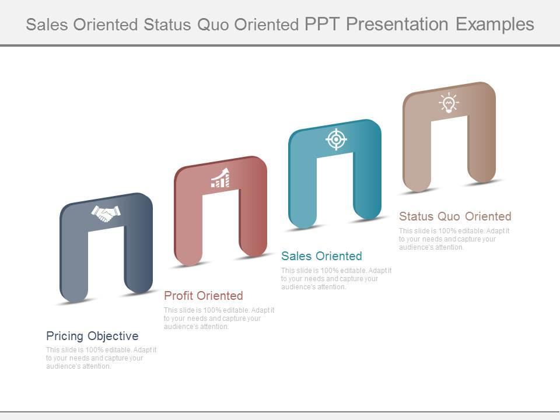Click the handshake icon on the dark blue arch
[106, 213]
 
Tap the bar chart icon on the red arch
[220, 178]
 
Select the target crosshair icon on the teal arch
[336, 139]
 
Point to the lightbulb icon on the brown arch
[449, 103]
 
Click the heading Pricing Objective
[92, 336]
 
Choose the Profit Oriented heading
[203, 296]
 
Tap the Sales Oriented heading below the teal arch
[321, 256]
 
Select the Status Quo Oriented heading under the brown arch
[455, 216]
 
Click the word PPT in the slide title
[323, 24]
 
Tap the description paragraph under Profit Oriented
[218, 318]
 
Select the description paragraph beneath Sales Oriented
[335, 279]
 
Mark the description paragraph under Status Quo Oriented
[453, 239]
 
